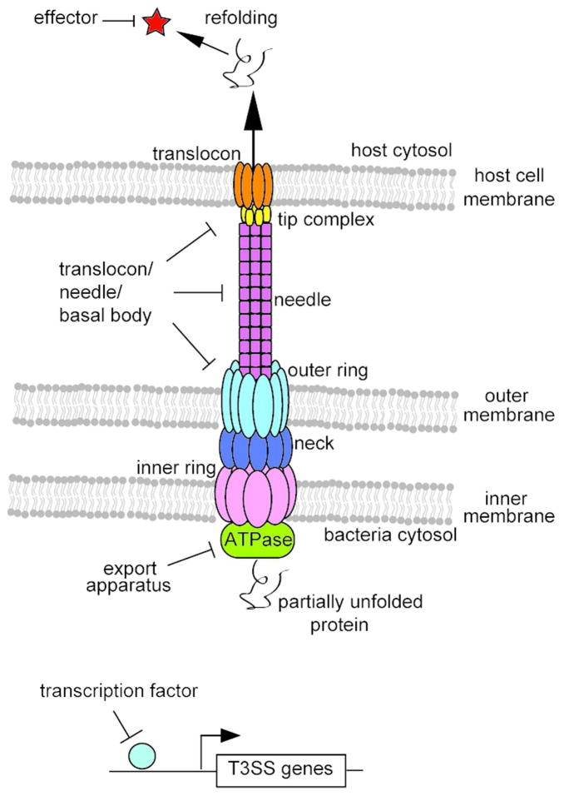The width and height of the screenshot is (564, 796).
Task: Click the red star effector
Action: (156, 23)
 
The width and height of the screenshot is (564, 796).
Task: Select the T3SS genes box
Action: (280, 769)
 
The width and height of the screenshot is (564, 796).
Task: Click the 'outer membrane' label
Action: (509, 405)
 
